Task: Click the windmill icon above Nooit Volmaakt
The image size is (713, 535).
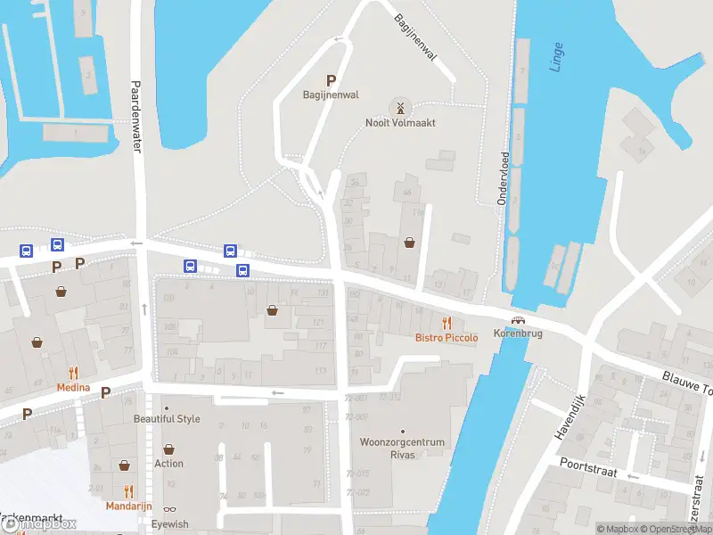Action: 400,108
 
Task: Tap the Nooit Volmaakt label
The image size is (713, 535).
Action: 400,123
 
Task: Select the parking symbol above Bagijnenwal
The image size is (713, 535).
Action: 332,80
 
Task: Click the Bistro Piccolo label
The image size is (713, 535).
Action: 447,338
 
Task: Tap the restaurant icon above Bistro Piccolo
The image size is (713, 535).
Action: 447,323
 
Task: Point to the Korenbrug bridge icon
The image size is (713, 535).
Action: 518,320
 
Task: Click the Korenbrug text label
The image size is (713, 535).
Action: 518,333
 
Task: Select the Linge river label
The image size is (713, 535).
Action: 557,55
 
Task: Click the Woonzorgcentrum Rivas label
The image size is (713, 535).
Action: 402,448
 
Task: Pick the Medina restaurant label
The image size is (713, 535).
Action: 73,388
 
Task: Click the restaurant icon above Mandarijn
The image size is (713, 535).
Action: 128,490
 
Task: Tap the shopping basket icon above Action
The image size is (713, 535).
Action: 168,450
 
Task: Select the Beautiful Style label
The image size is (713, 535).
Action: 167,419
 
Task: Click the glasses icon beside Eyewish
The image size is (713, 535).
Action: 169,509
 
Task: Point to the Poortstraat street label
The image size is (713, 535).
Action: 588,465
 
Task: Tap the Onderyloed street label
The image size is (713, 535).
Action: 504,178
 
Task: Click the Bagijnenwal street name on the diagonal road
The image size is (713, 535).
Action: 416,37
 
